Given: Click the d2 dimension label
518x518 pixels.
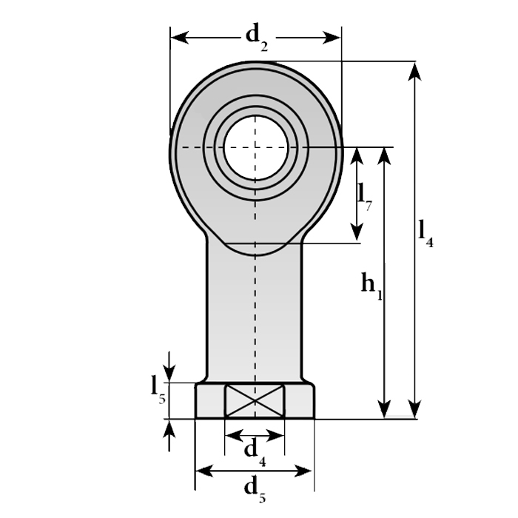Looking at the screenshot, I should click(256, 35).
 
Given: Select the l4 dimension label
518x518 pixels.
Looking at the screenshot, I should click(425, 232).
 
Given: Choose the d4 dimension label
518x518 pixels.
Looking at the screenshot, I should click(254, 450).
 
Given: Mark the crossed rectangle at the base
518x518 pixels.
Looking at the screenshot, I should click(255, 401).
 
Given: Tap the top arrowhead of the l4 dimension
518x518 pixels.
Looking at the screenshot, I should click(415, 71).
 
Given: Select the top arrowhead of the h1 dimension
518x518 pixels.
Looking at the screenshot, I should click(383, 155).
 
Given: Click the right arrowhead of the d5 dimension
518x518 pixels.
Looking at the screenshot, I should click(305, 471).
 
